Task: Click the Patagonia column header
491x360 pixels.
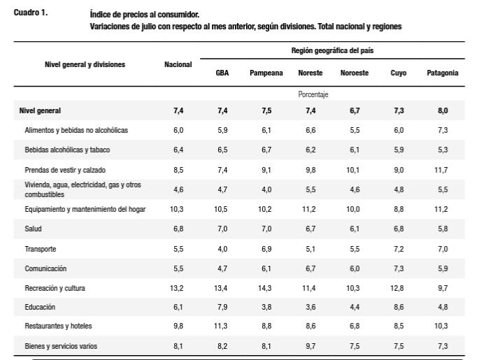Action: pyautogui.click(x=443, y=73)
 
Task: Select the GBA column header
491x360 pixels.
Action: pyautogui.click(x=222, y=73)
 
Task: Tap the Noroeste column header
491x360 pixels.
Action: pyautogui.click(x=355, y=73)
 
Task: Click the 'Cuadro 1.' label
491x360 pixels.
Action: pyautogui.click(x=31, y=13)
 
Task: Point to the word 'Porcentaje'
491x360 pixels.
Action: pyautogui.click(x=313, y=94)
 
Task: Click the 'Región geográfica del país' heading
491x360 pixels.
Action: pyautogui.click(x=332, y=50)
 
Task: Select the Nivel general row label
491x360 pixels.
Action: pyautogui.click(x=40, y=110)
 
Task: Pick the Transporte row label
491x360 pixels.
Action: pyautogui.click(x=41, y=249)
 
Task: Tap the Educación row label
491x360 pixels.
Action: pyautogui.click(x=40, y=307)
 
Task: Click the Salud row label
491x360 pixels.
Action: pyautogui.click(x=33, y=229)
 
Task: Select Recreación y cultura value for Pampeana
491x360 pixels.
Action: pyautogui.click(x=265, y=288)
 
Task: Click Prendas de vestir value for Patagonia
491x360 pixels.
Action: pyautogui.click(x=441, y=170)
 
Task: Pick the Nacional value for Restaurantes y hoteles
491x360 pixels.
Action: pyautogui.click(x=178, y=326)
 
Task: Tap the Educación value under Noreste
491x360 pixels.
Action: pyautogui.click(x=311, y=307)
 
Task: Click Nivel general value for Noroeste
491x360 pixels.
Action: pyautogui.click(x=355, y=110)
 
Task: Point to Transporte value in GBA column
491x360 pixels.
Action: pyautogui.click(x=222, y=249)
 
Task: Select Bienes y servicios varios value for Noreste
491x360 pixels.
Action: pyautogui.click(x=311, y=346)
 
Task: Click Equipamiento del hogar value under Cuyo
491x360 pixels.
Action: pyautogui.click(x=399, y=209)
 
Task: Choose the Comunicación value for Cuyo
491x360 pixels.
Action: pyautogui.click(x=399, y=268)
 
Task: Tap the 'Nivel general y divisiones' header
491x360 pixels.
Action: pyautogui.click(x=85, y=64)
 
